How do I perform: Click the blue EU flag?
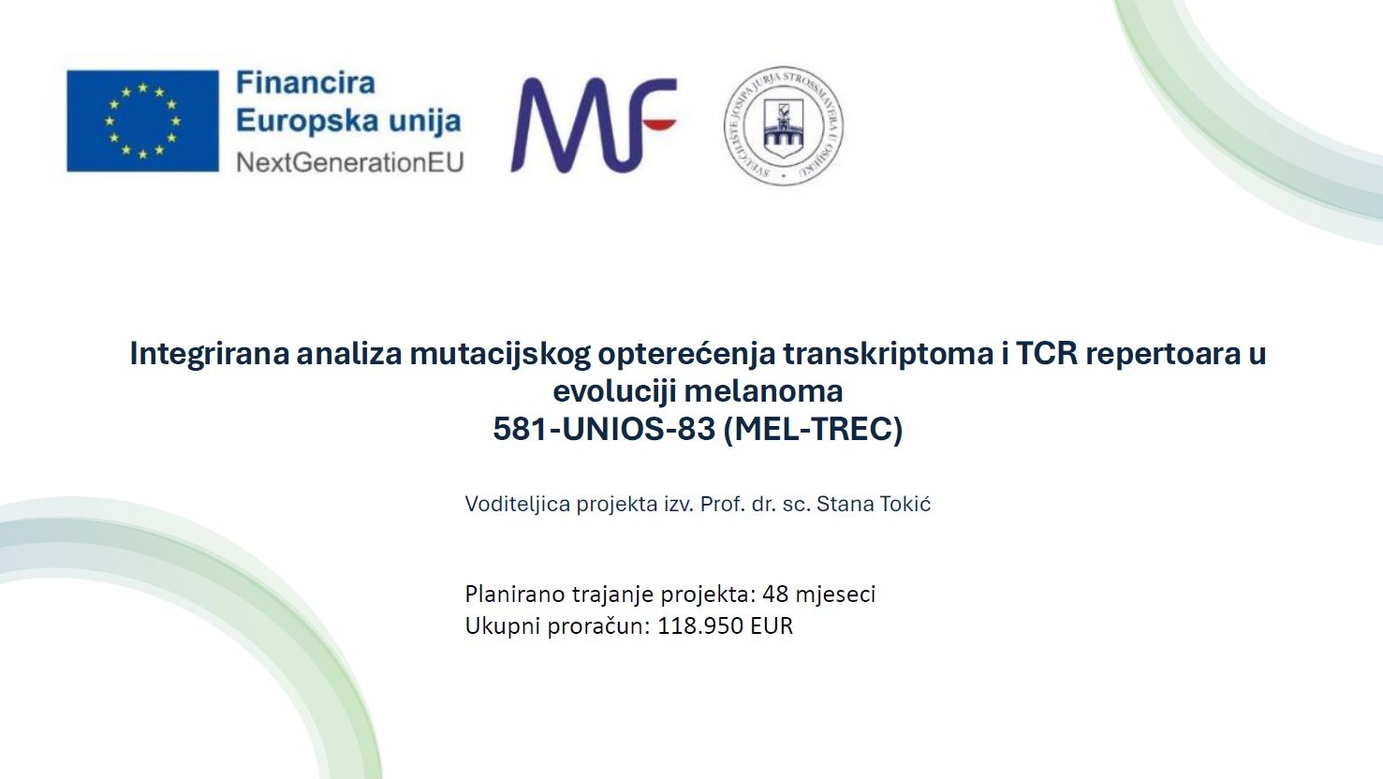142,121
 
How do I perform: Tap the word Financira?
305,82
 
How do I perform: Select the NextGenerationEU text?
350,162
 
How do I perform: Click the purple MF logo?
594,125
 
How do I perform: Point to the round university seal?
784,125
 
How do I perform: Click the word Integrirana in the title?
210,354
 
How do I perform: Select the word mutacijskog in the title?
500,354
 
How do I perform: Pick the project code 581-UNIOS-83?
604,429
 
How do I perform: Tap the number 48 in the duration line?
775,594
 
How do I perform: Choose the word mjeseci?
835,595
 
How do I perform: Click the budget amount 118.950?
700,626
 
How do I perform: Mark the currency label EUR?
772,626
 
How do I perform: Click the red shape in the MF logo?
659,125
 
